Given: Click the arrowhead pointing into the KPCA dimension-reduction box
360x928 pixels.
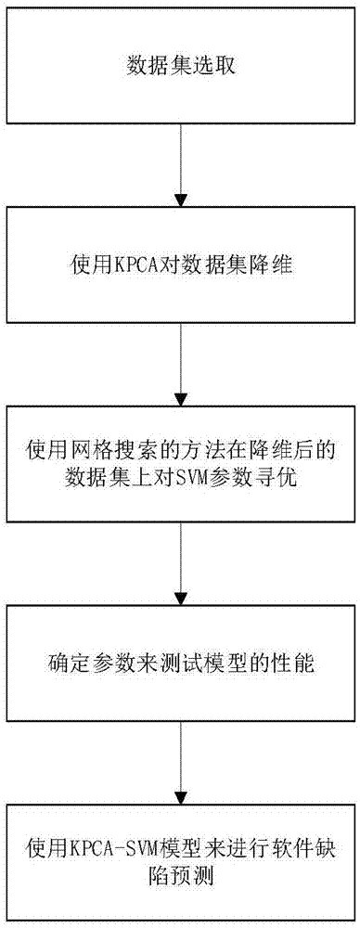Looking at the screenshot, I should point(180,198).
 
